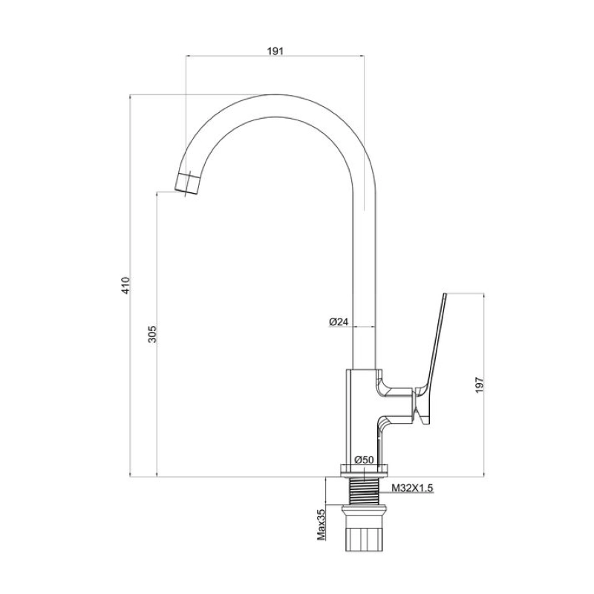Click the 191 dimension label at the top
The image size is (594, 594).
coord(275,50)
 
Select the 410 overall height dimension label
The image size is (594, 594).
coord(126,285)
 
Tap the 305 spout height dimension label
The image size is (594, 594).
coord(152,333)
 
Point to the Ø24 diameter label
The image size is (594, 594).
coord(339,322)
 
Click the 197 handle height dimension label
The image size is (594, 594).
coord(480,385)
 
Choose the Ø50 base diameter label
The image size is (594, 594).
coord(364,460)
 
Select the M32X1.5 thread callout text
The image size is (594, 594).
coord(412,488)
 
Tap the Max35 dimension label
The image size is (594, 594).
coord(322,524)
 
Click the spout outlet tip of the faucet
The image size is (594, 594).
coord(186,192)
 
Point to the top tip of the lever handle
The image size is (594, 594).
coord(445,293)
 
